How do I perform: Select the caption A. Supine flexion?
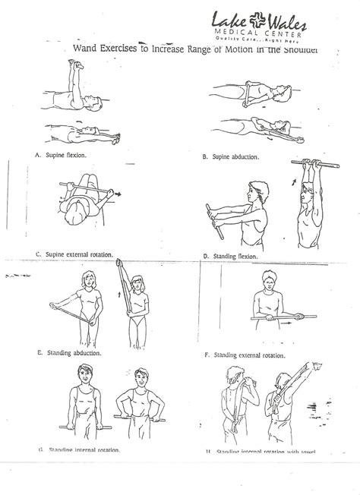click(60, 155)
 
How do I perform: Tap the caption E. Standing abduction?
click(69, 352)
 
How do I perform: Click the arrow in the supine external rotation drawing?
click(119, 194)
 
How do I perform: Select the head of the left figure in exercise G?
click(82, 374)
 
